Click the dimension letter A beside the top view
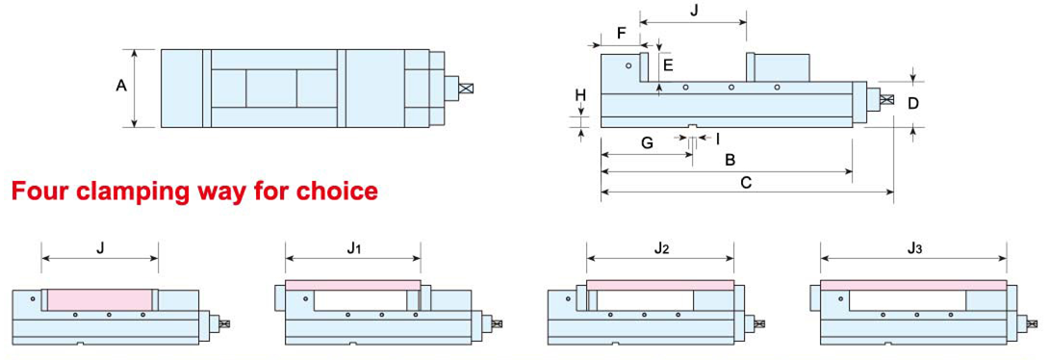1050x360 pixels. [x=121, y=86]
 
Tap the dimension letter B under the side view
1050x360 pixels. [x=730, y=160]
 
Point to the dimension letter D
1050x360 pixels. [x=913, y=103]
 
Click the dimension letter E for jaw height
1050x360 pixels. [x=668, y=65]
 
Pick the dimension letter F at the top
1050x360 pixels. [x=621, y=32]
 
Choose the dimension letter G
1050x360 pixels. [x=647, y=143]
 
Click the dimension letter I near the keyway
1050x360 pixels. [x=718, y=140]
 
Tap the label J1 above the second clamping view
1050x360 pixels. [x=354, y=248]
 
